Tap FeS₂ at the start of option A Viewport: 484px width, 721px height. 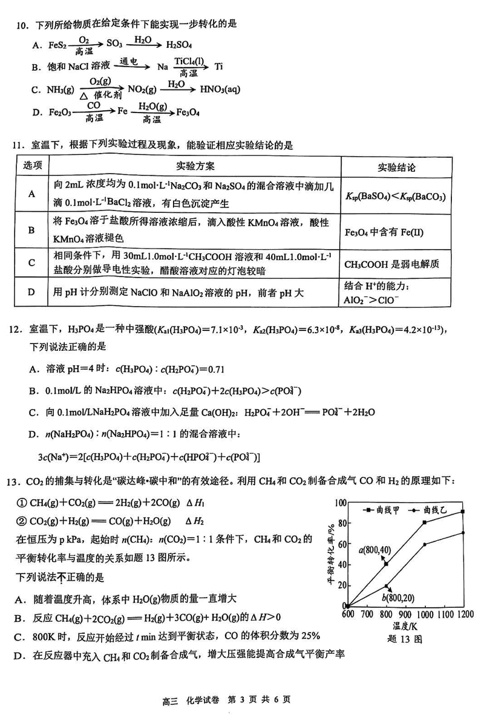(53, 44)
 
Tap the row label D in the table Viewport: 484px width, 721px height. (31, 293)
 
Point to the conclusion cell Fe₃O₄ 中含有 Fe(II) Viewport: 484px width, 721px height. (383, 231)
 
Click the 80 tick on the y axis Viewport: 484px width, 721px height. (340, 523)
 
